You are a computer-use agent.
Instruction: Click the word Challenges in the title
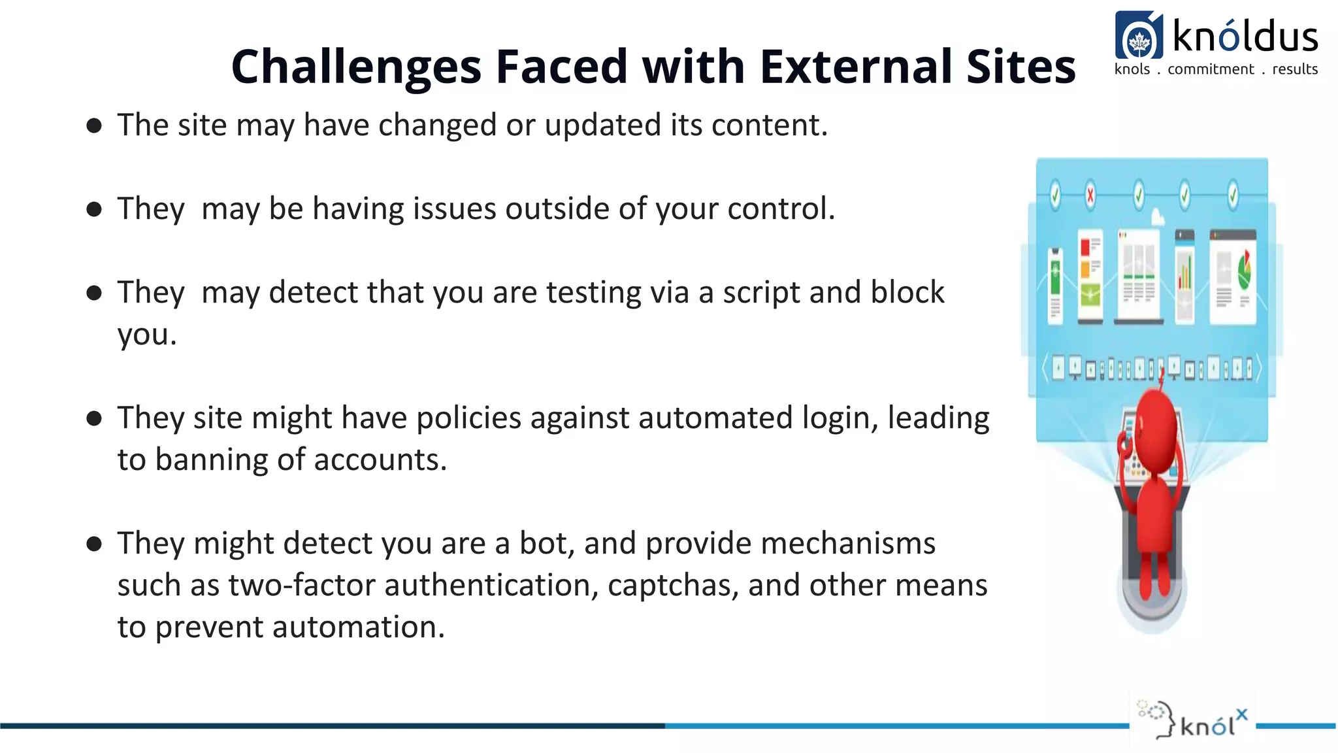point(356,67)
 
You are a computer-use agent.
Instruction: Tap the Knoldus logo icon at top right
point(1139,37)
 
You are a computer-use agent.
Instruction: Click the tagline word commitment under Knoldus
point(1211,69)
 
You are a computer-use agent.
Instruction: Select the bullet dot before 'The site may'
point(94,125)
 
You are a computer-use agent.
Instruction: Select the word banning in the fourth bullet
point(212,460)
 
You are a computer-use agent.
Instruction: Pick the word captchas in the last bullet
point(672,585)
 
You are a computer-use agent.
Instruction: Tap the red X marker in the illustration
point(1090,195)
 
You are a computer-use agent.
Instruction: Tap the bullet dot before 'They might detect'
point(94,544)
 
